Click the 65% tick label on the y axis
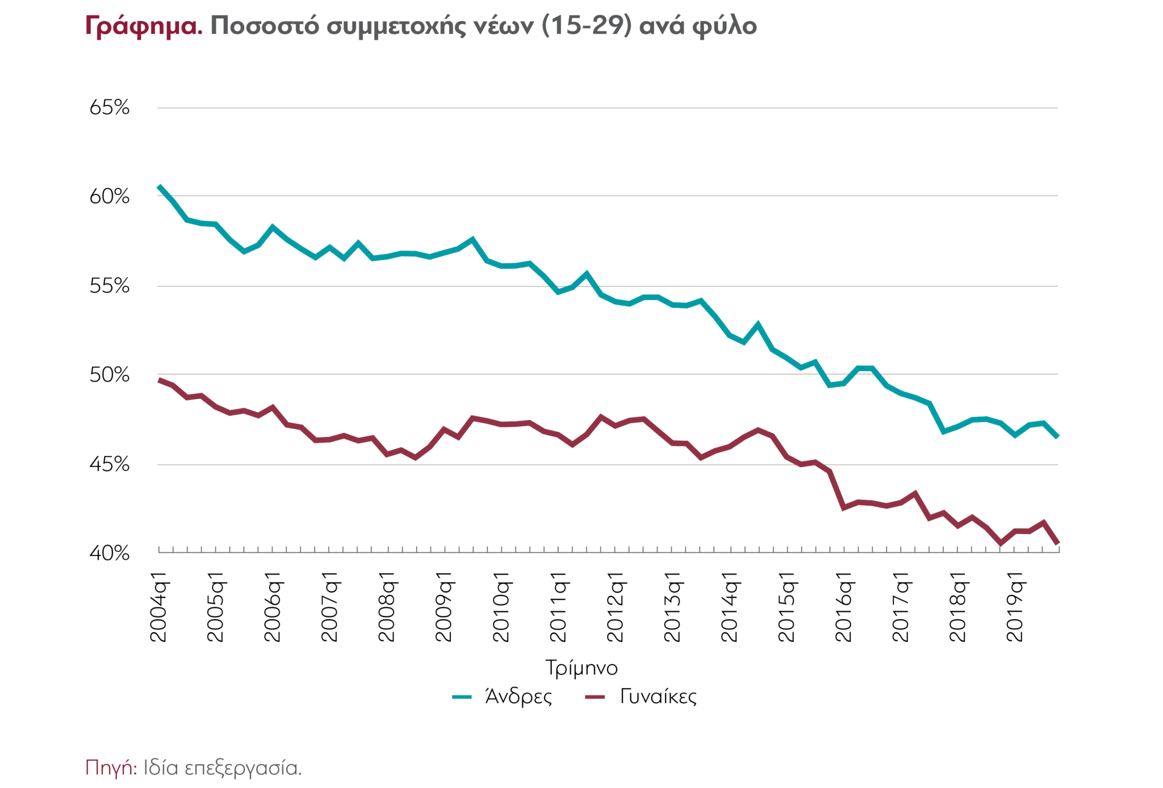coord(109,107)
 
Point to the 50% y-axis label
coord(109,375)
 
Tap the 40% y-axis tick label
coord(109,553)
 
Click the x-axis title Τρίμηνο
coord(581,668)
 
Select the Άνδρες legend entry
coord(518,697)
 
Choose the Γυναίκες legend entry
coord(658,697)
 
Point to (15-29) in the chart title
coord(587,26)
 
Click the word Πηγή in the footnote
coord(111,768)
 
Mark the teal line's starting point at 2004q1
coord(159,186)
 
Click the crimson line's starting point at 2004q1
coord(159,380)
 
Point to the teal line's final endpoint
coord(1057,437)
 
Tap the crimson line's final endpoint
coord(1057,544)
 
